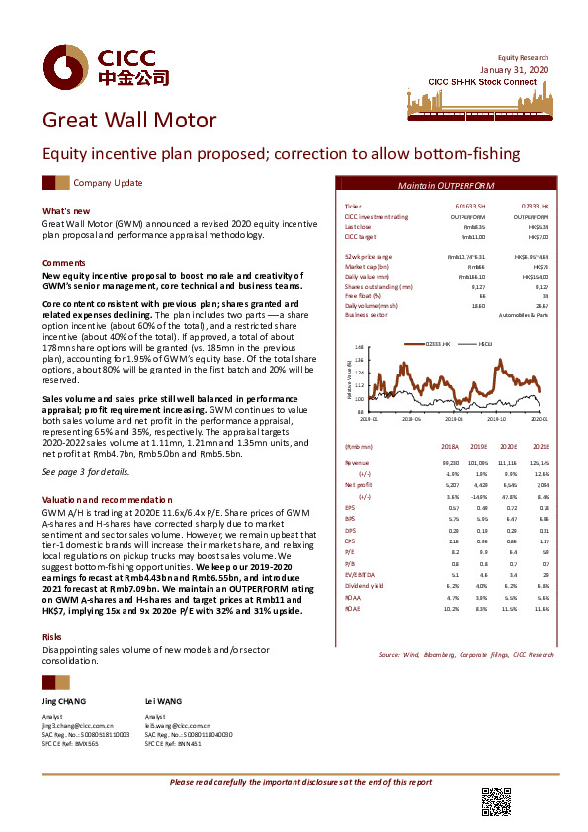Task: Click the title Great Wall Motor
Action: tap(128, 122)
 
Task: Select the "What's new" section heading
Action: tap(66, 211)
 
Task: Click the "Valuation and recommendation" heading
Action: tap(100, 501)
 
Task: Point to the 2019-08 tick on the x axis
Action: tap(455, 418)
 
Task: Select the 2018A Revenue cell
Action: tap(448, 462)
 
